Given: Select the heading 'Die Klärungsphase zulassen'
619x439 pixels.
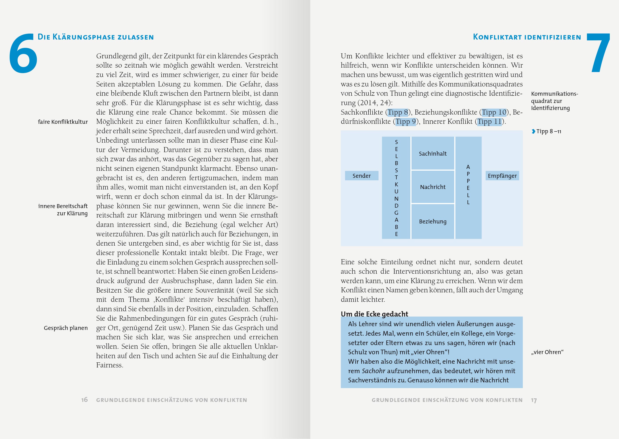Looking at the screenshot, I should tap(96, 37).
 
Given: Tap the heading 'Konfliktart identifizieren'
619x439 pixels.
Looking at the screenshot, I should tap(527, 37).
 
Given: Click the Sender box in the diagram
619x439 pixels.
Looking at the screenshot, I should tap(362, 176).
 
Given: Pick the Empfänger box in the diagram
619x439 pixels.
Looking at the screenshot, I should tap(502, 176).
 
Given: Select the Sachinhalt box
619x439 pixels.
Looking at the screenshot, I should tap(433, 154).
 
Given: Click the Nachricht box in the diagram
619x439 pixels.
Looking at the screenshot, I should tap(433, 187).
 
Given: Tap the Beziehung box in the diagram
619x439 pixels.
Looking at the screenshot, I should tap(433, 221).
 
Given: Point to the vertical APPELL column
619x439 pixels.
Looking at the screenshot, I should tap(468, 188).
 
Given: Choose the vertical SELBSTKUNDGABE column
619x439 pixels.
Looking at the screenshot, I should tap(396, 188).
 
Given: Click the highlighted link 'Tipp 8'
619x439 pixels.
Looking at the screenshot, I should tap(397, 112).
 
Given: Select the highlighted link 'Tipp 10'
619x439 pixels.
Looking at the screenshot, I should tap(494, 112).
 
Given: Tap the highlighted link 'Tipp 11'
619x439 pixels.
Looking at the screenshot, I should tap(489, 122).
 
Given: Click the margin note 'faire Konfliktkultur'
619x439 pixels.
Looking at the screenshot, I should tap(63, 122).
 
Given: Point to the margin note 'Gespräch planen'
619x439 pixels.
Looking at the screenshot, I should tap(66, 328).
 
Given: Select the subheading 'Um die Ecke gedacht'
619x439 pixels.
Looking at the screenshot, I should tap(374, 314).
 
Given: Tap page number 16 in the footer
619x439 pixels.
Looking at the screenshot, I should tap(84, 399).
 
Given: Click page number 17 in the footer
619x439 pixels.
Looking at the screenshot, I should tap(534, 400).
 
